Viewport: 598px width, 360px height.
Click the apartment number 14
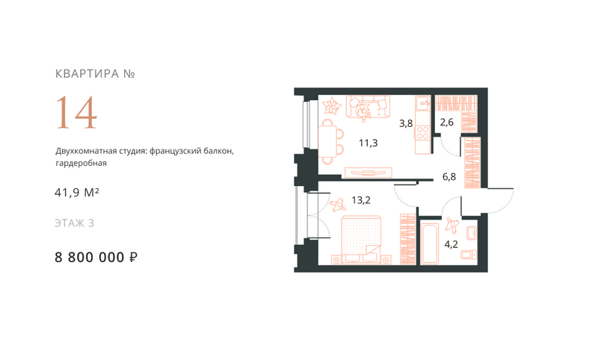[76, 113]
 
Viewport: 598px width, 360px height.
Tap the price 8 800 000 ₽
[96, 258]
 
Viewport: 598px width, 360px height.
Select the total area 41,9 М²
[77, 193]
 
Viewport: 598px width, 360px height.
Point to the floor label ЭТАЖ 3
[74, 223]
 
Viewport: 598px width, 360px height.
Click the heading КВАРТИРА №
[95, 73]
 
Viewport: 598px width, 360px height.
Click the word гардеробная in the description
[81, 164]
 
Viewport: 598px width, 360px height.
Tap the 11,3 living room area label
[368, 143]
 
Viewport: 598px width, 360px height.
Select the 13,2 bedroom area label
[361, 200]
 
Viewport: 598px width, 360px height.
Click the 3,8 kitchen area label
[406, 123]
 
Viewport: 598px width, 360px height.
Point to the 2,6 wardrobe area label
[446, 122]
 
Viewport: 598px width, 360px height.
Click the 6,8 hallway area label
[449, 177]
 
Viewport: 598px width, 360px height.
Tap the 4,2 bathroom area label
[451, 244]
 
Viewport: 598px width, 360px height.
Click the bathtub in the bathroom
[430, 243]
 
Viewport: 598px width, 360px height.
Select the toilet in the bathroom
[469, 255]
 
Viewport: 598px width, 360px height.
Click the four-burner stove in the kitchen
[422, 132]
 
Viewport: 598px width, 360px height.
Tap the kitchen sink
[422, 103]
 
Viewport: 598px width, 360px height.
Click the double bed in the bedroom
[361, 240]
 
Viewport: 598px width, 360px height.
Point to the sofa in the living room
[368, 107]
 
